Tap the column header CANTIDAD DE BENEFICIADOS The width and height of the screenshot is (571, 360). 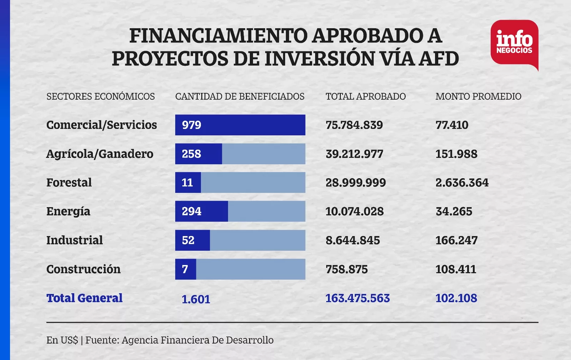click(240, 96)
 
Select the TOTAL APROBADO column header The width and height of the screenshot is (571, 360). click(365, 96)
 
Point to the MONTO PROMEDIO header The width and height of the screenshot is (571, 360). click(478, 96)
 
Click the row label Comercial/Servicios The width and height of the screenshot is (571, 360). click(102, 125)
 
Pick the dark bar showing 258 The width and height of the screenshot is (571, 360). click(198, 154)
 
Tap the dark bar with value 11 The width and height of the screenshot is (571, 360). click(188, 182)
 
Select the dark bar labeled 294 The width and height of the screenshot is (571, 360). click(201, 211)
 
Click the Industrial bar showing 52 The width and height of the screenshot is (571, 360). click(192, 240)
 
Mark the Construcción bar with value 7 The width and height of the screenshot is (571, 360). click(186, 269)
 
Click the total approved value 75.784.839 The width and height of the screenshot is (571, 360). click(354, 125)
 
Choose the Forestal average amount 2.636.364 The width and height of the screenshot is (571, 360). click(462, 182)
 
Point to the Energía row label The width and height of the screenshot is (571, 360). click(68, 211)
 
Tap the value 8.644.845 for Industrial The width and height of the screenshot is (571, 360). click(353, 240)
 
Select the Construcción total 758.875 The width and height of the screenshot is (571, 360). click(347, 269)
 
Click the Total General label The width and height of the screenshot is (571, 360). click(85, 298)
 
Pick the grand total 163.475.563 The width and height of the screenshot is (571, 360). click(358, 298)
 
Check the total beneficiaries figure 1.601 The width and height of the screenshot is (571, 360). click(196, 299)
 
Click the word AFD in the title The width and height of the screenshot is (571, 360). click(439, 59)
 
